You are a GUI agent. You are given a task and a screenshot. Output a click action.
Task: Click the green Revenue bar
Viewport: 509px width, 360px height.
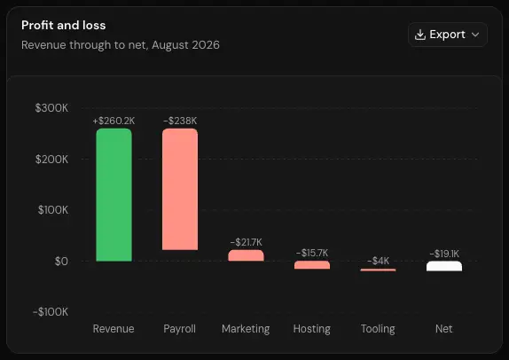click(x=114, y=195)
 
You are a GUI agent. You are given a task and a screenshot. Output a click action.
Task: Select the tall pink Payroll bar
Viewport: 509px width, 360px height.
click(x=180, y=189)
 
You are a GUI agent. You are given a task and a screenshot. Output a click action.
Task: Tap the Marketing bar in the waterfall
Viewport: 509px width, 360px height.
click(x=246, y=255)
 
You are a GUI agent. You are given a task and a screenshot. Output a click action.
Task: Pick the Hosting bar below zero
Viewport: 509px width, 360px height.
click(x=312, y=265)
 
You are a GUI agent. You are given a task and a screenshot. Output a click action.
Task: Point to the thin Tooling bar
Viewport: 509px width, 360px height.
click(x=378, y=270)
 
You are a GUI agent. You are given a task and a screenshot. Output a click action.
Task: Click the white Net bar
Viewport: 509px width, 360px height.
click(x=444, y=266)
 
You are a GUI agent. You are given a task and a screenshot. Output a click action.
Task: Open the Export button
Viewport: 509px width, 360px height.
click(x=447, y=35)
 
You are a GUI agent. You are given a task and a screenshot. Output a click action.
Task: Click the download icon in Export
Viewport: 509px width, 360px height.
click(x=420, y=35)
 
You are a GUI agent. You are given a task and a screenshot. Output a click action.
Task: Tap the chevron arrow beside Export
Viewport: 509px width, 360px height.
click(x=475, y=35)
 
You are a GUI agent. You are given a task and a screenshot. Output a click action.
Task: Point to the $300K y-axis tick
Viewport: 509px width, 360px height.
click(x=51, y=108)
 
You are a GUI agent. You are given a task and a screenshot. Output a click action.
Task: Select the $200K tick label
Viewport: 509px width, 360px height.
click(x=52, y=159)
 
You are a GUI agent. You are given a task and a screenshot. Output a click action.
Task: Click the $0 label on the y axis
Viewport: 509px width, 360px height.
click(x=61, y=261)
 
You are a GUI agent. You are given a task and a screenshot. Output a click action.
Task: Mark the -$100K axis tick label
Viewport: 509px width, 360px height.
click(x=51, y=311)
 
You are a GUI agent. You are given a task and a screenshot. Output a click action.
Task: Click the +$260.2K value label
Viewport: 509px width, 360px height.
click(x=114, y=121)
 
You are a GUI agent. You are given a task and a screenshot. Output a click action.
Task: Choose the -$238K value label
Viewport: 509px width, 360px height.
click(x=180, y=121)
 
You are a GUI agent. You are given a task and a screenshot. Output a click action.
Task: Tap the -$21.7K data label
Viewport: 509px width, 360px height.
click(x=246, y=242)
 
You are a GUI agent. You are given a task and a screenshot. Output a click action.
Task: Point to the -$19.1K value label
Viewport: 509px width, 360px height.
click(x=444, y=254)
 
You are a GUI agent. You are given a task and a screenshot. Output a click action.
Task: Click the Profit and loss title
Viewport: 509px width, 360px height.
click(x=64, y=26)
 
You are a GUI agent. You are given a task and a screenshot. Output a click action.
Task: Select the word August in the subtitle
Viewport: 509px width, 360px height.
click(x=170, y=45)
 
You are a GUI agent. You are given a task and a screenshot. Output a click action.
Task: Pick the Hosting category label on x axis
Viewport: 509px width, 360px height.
click(x=312, y=329)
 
